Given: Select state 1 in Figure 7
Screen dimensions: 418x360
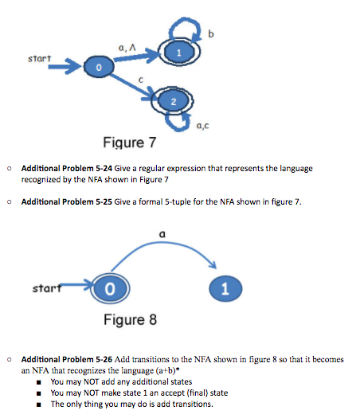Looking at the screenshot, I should pyautogui.click(x=179, y=52).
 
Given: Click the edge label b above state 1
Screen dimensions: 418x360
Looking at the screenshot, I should pyautogui.click(x=210, y=33).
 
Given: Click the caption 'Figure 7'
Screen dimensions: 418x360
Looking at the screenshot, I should pyautogui.click(x=130, y=143).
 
